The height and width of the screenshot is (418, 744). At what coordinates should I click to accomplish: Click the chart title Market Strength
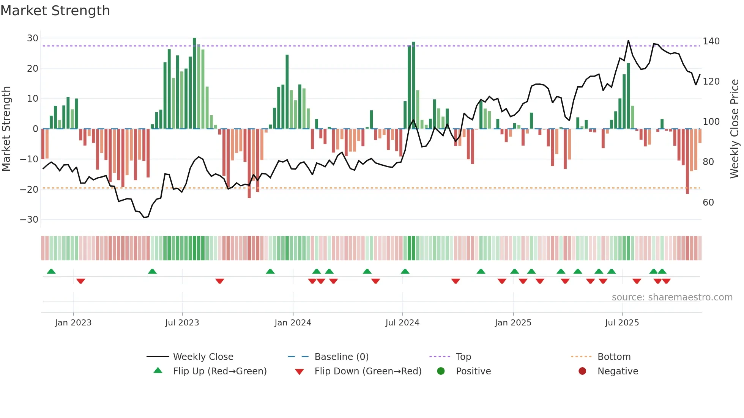click(55, 11)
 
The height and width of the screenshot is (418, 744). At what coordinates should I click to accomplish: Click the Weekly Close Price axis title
click(735, 129)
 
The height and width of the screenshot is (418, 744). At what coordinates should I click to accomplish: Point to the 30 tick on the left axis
click(33, 38)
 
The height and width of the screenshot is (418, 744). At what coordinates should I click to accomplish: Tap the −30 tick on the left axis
click(30, 220)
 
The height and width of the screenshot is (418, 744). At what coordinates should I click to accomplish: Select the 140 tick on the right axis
click(711, 41)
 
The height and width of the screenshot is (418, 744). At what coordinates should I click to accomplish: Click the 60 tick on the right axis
click(708, 203)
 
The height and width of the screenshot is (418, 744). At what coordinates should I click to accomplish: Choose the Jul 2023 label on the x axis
click(182, 323)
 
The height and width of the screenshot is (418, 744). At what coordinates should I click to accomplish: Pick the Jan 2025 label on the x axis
click(513, 323)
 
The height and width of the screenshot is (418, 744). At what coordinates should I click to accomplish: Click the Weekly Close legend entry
click(203, 357)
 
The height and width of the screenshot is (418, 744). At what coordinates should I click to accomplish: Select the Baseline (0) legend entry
click(341, 357)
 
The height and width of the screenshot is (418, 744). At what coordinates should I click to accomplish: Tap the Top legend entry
click(463, 357)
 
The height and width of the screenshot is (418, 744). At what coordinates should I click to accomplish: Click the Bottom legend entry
click(614, 357)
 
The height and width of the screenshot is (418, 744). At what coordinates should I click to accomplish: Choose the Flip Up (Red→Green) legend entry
click(219, 371)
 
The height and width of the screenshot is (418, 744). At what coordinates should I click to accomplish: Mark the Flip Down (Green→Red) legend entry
click(368, 371)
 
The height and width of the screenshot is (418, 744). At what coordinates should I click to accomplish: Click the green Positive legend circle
click(441, 371)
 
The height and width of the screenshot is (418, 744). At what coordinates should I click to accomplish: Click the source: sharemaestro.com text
click(672, 297)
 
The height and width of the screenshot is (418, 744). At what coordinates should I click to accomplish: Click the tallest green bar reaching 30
click(194, 83)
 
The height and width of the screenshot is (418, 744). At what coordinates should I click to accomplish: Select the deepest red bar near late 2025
click(687, 161)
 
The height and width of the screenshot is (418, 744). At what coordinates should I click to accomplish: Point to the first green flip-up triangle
click(51, 271)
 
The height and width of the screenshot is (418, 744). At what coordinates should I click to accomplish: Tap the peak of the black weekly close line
click(628, 41)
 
